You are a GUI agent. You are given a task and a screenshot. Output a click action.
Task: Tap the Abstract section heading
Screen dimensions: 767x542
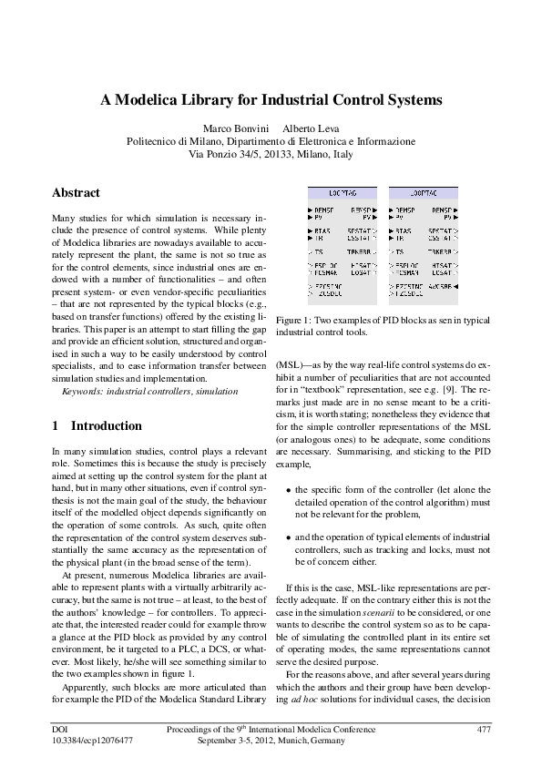click(76, 193)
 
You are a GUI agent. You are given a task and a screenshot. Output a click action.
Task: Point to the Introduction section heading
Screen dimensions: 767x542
click(106, 425)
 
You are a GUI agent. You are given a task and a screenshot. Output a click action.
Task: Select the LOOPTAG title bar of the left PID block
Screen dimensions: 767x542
click(334, 194)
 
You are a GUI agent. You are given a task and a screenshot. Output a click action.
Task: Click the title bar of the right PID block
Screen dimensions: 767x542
click(415, 194)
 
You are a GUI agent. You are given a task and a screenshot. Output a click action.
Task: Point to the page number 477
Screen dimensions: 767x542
click(484, 730)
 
